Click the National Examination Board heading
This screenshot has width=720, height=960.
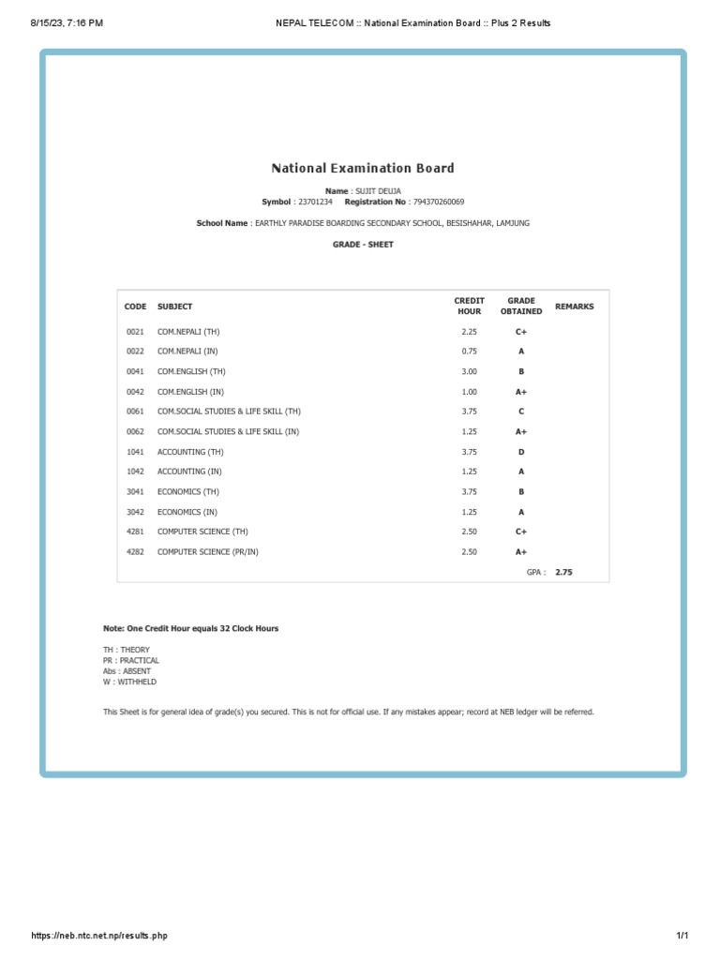tap(362, 169)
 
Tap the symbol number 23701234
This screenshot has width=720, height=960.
tap(315, 202)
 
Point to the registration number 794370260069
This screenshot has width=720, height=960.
tap(438, 202)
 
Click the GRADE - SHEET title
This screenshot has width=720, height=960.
tap(363, 245)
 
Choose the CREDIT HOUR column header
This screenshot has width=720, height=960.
tap(469, 307)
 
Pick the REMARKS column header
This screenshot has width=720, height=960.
tap(574, 307)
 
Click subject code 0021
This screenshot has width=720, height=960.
tap(135, 332)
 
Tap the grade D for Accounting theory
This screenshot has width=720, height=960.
tap(520, 452)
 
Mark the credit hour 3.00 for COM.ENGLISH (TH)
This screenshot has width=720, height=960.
tap(469, 372)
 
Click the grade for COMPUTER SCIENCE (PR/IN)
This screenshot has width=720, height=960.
tap(520, 552)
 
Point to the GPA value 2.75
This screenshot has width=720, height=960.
tap(562, 572)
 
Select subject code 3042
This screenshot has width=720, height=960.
tap(135, 512)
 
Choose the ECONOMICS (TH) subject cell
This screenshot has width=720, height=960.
tap(188, 492)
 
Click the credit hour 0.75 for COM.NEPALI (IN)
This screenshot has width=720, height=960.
tap(469, 352)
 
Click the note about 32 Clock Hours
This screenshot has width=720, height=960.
tap(190, 628)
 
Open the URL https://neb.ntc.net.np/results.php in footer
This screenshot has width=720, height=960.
tap(99, 936)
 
